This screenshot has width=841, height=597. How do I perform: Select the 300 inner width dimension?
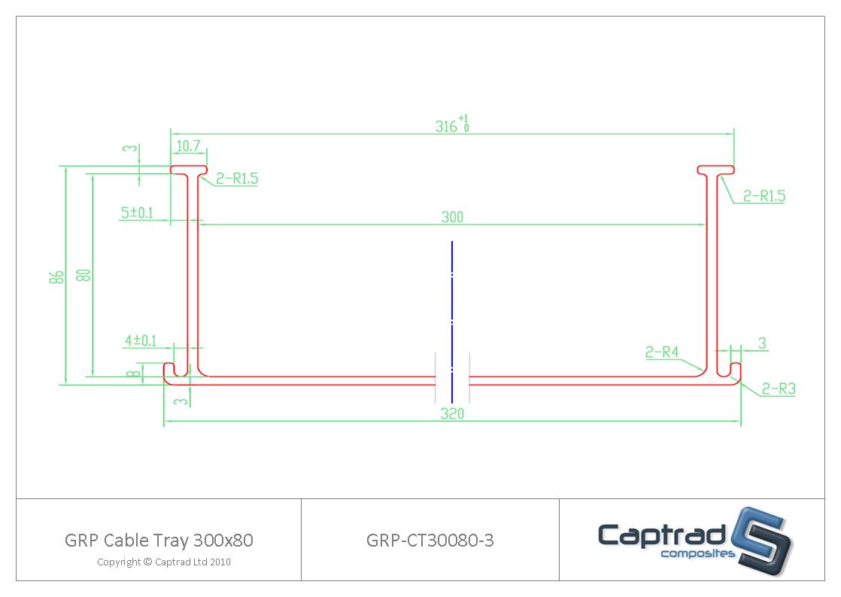(452, 217)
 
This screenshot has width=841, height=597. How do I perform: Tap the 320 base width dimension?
(452, 414)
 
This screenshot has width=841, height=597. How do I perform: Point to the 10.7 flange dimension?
(187, 145)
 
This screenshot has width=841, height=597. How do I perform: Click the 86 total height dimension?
(56, 276)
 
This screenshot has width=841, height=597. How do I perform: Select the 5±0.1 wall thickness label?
(137, 213)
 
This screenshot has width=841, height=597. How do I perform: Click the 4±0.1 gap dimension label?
(141, 341)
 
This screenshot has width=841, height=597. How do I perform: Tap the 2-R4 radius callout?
(662, 352)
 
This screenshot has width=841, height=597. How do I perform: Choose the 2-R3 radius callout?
(778, 389)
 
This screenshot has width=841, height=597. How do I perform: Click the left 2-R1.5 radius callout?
(237, 178)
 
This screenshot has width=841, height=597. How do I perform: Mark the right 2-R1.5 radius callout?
(764, 196)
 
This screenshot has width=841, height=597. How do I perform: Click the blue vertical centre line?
(452, 316)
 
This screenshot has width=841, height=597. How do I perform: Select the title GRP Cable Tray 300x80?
(159, 540)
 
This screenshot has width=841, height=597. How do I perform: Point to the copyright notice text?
(163, 562)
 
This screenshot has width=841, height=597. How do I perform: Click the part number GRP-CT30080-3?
(430, 540)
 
